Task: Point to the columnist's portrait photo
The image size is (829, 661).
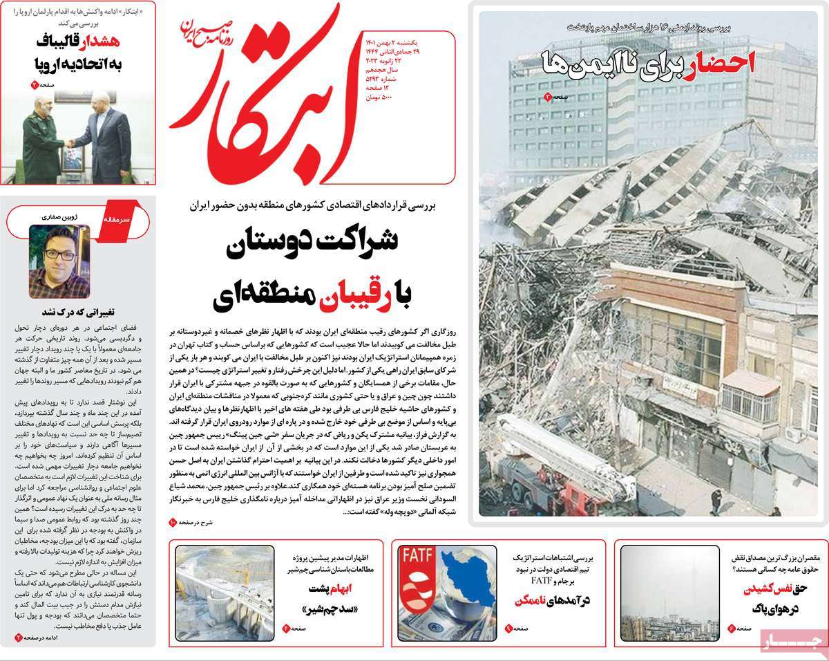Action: click(x=59, y=261)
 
